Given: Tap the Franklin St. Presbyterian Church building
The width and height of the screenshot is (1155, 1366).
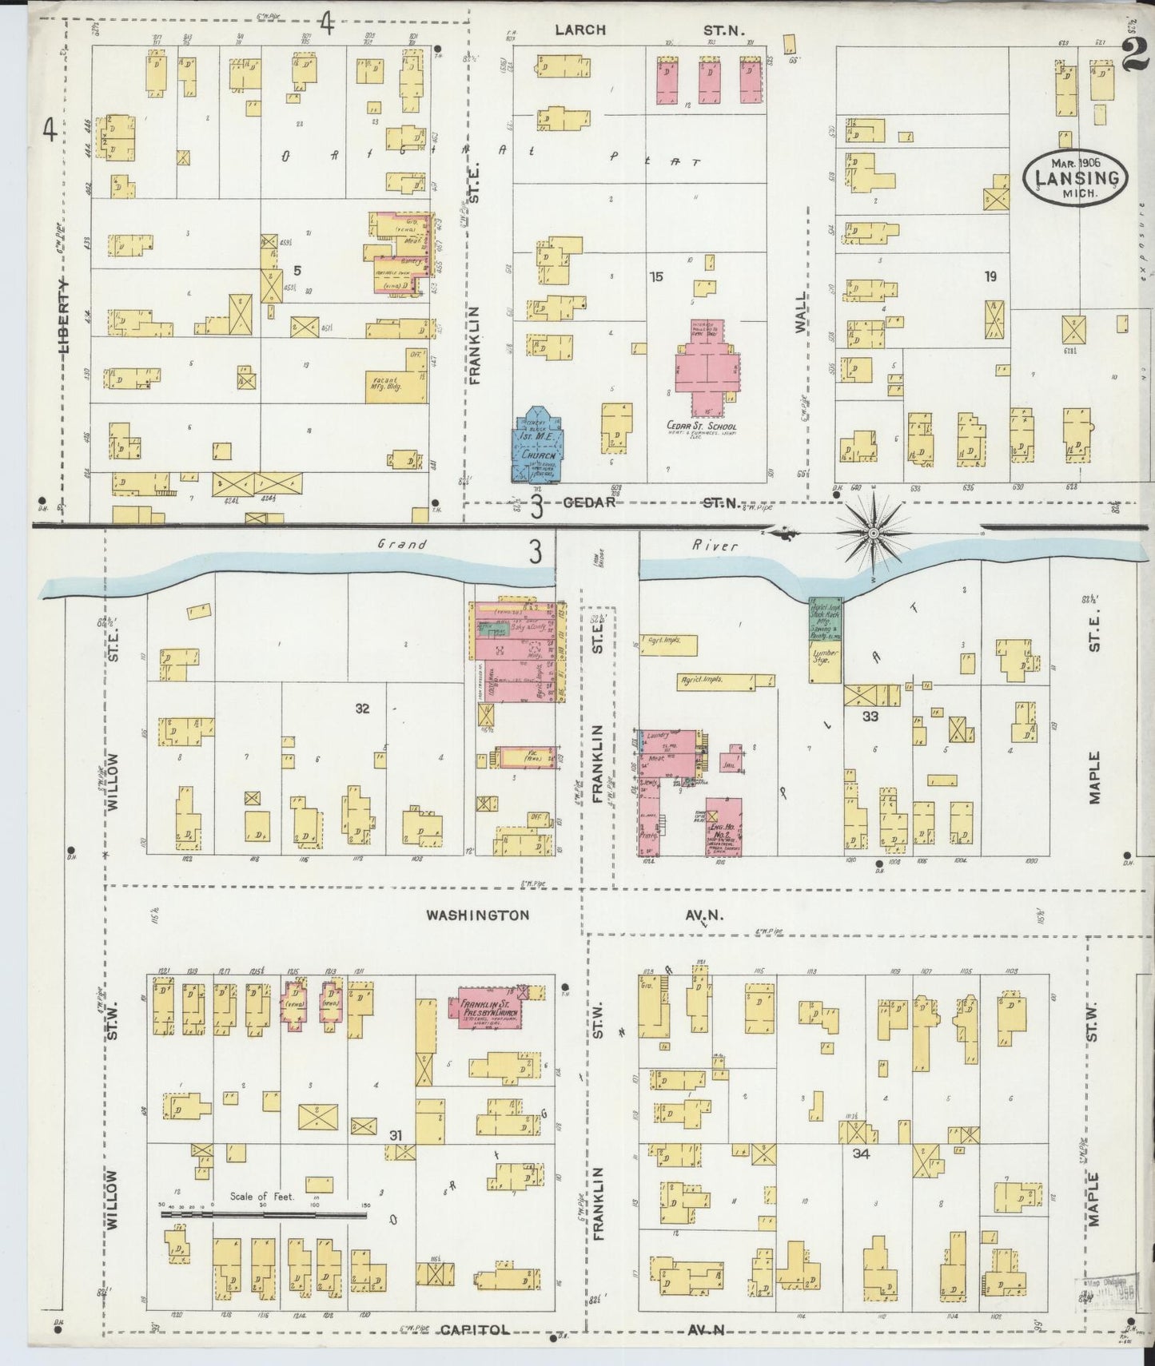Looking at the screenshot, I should coord(488,1008).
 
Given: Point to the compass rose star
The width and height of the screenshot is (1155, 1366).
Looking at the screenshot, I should coord(874,530).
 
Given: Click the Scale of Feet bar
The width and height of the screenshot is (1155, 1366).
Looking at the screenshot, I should coord(264,1214).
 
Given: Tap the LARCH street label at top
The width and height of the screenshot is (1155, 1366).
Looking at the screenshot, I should coord(581,30).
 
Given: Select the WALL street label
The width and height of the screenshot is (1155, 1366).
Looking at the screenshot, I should coord(801,312).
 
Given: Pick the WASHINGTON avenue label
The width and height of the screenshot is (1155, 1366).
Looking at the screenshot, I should coord(477,915).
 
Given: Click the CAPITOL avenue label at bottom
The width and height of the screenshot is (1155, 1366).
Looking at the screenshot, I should coord(474,1329).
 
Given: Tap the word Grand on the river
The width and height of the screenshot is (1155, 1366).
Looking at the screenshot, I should coord(403,545).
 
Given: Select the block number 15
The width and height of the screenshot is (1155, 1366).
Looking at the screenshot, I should coord(656,277).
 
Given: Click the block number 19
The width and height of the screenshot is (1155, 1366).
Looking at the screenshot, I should coord(990,277).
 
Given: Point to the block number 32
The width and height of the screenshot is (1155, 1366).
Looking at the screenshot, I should coord(362,708).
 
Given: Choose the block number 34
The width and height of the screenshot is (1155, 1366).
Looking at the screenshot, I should coord(860,1154).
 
